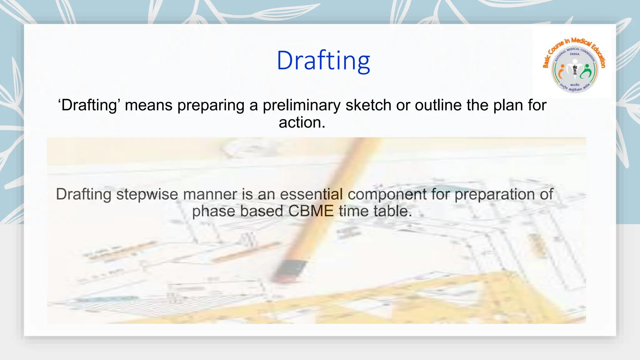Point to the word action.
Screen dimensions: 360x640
302,122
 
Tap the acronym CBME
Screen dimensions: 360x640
311,211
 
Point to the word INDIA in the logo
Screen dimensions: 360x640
574,54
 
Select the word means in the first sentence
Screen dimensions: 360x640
148,105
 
